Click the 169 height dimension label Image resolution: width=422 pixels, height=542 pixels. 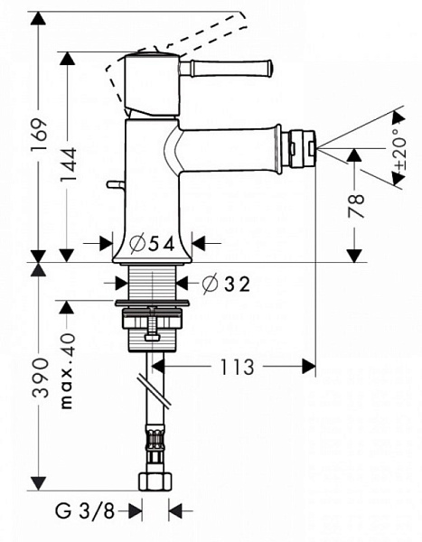pyautogui.click(x=39, y=134)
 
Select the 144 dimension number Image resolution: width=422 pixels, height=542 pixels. pyautogui.click(x=68, y=165)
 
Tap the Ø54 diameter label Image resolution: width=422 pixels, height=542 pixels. pyautogui.click(x=152, y=245)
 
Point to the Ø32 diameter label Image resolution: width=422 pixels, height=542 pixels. pyautogui.click(x=226, y=285)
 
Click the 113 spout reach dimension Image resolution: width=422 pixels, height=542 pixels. pyautogui.click(x=238, y=367)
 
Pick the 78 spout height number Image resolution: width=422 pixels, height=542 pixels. pyautogui.click(x=356, y=206)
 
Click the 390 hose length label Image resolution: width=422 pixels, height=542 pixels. pyautogui.click(x=39, y=378)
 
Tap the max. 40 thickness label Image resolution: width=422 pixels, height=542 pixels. pyautogui.click(x=68, y=371)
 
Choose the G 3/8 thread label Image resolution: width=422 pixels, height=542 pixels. pyautogui.click(x=85, y=510)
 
